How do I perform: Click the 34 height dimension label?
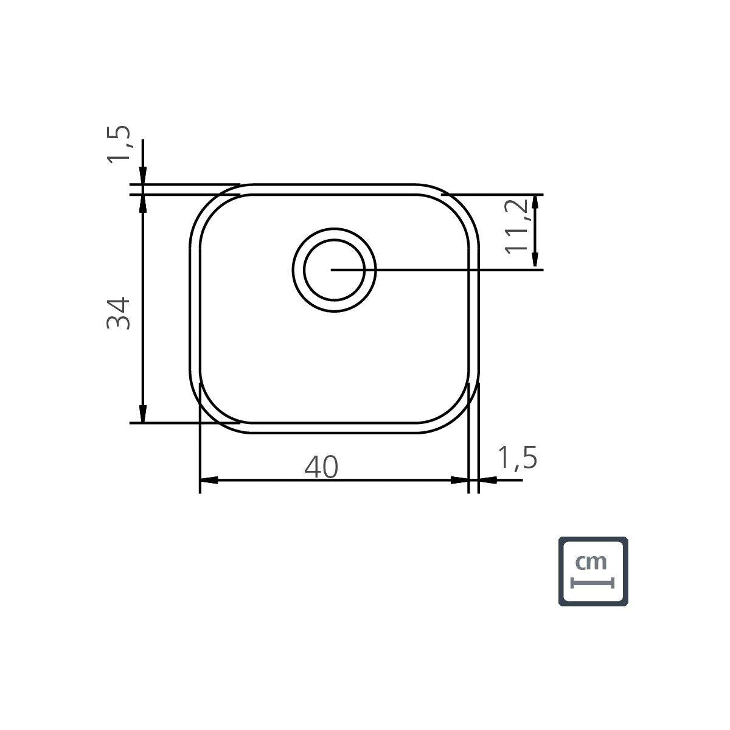[x=119, y=313]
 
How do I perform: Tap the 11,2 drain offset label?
[x=516, y=226]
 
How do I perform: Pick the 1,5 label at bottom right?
[x=518, y=457]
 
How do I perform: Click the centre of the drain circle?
[x=334, y=269]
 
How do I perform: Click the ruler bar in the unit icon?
[x=592, y=583]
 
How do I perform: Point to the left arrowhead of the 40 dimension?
[x=209, y=481]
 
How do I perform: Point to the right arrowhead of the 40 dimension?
[x=459, y=481]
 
